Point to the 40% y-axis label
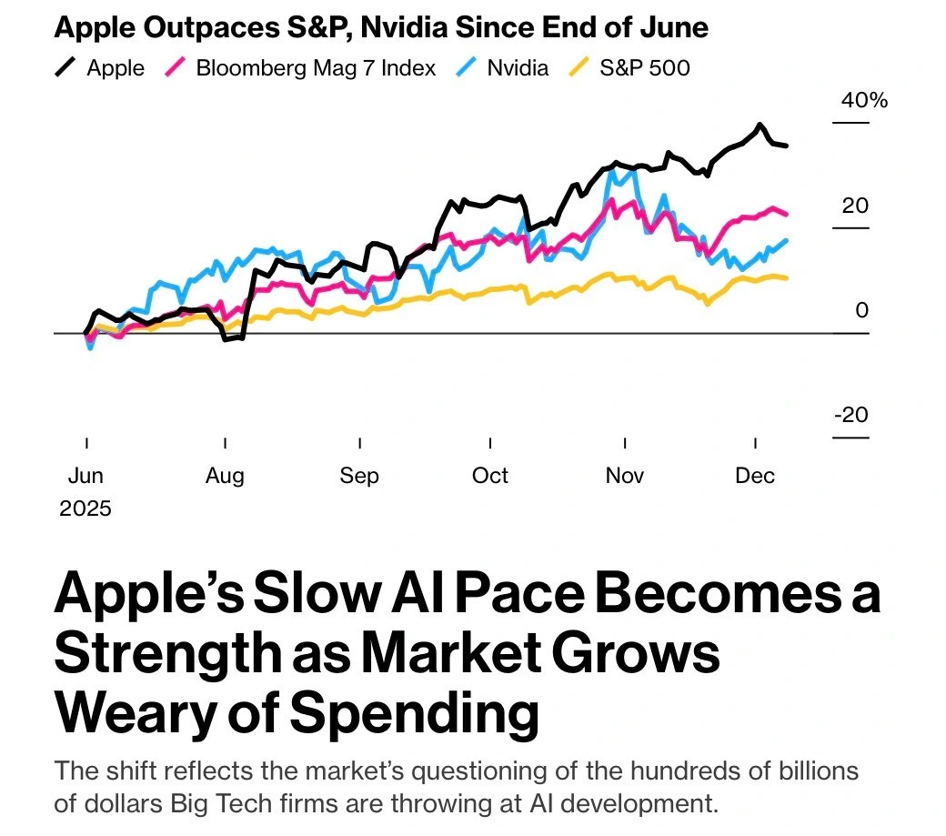tap(863, 100)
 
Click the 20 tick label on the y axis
tap(854, 206)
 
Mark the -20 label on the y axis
tap(851, 415)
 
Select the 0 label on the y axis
tap(861, 310)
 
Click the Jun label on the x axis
tap(86, 476)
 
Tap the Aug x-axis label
tap(225, 476)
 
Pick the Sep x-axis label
tap(359, 476)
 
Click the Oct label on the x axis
tap(490, 476)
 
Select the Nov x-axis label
tap(625, 476)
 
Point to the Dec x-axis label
tap(755, 476)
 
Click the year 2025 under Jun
tap(86, 508)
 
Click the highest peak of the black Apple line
tap(759, 126)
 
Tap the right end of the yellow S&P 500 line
tap(786, 277)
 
